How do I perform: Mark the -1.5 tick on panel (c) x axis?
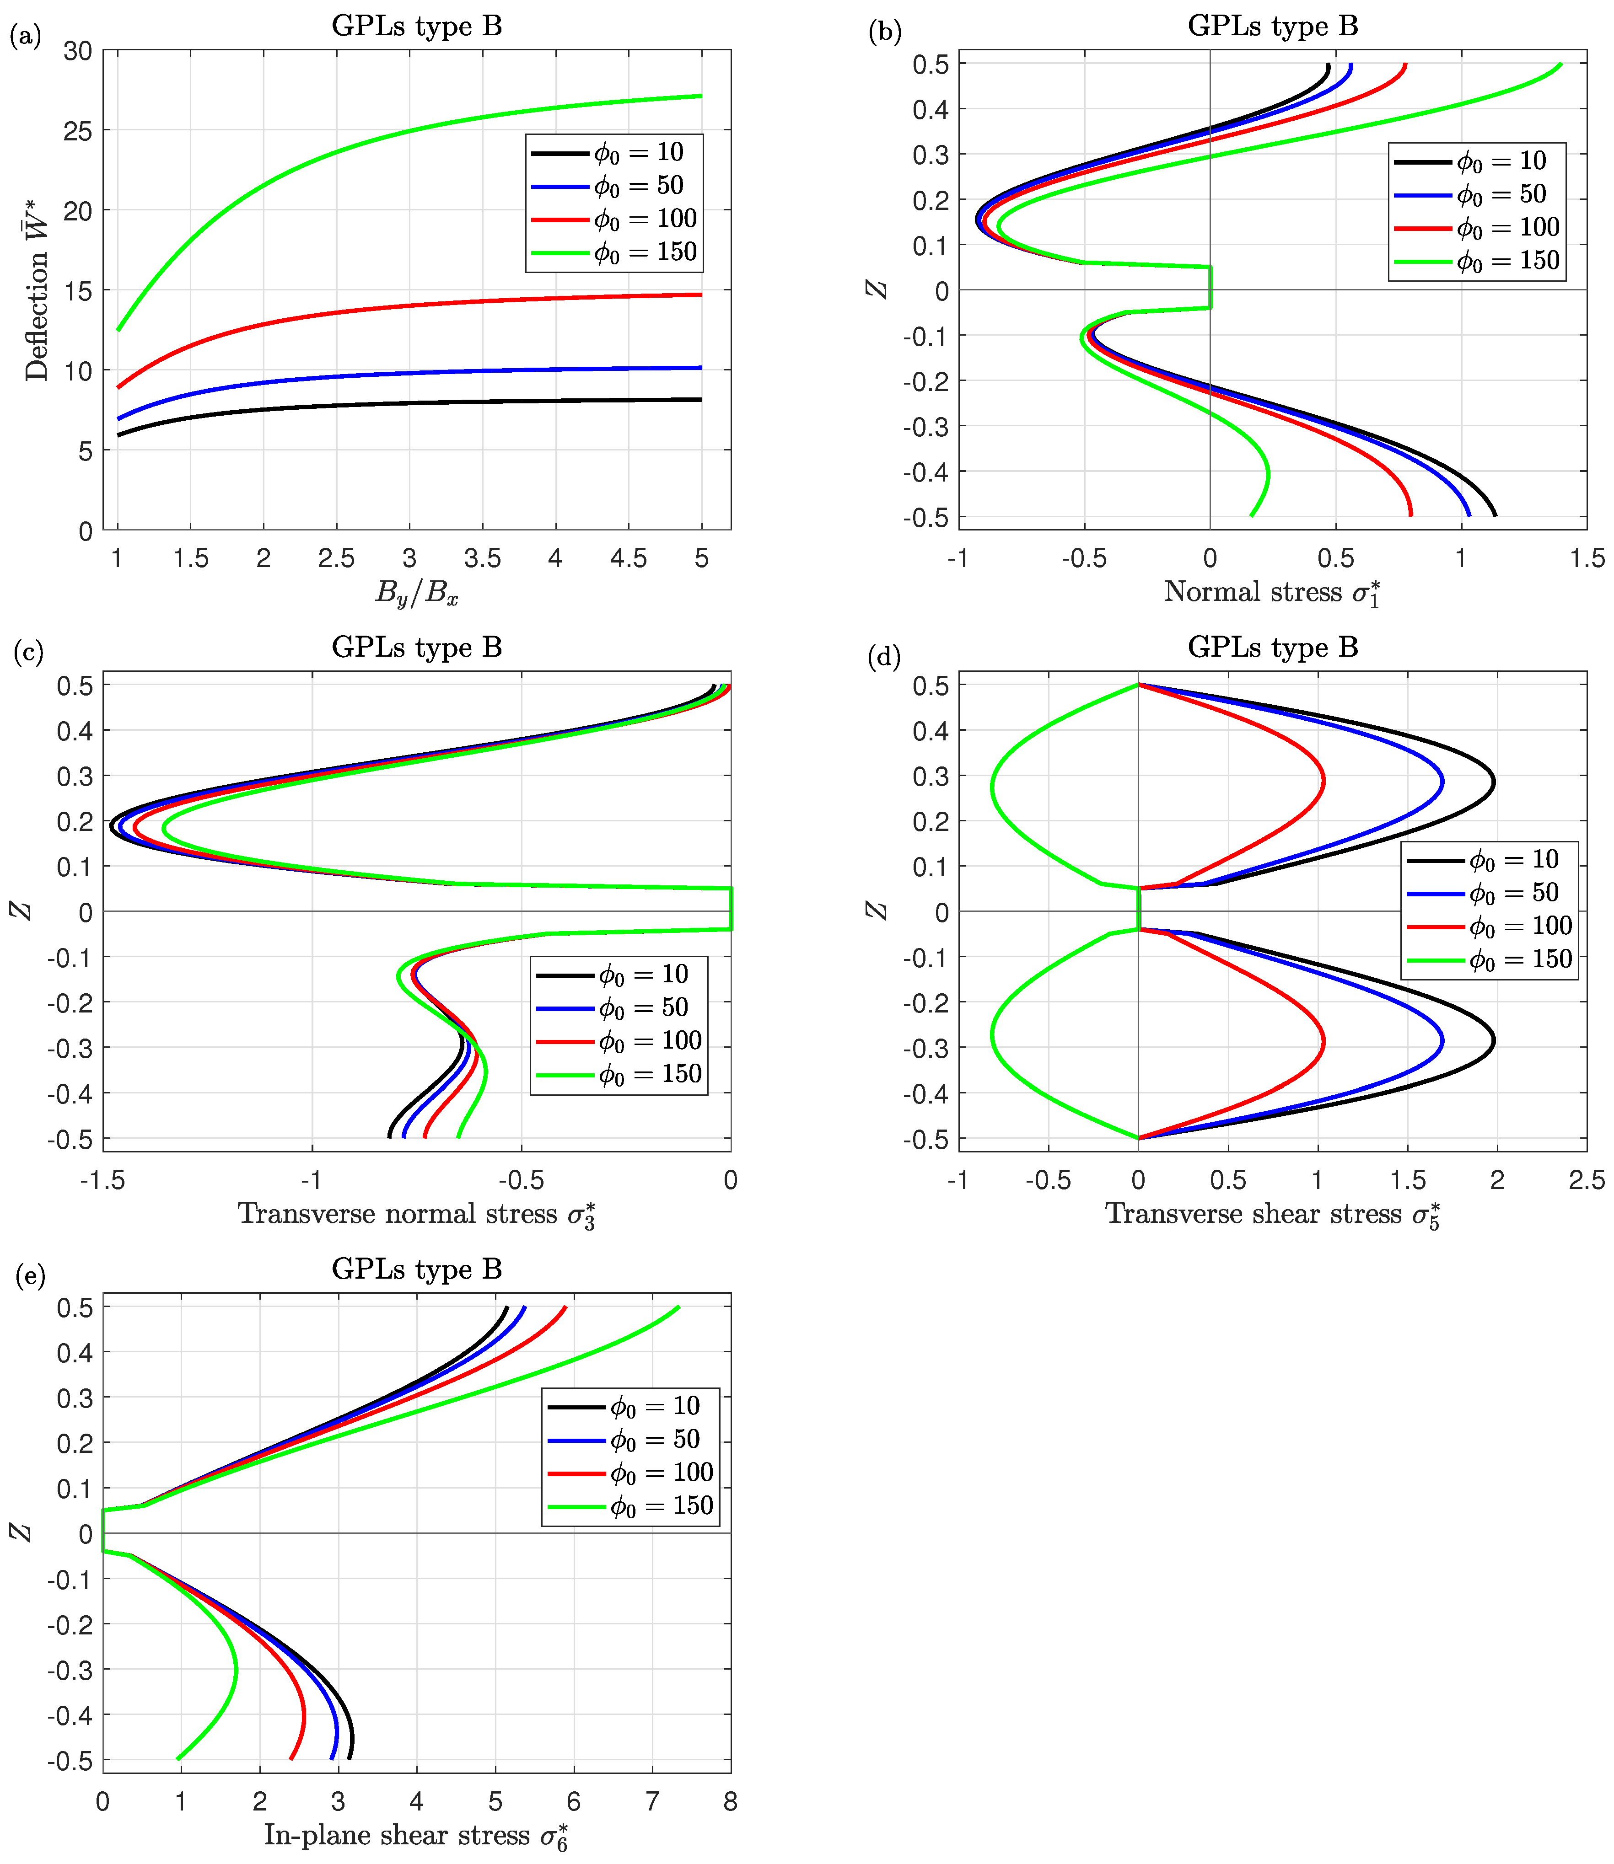click(102, 1179)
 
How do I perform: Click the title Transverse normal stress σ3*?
click(416, 1214)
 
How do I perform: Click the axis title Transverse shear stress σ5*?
click(1272, 1214)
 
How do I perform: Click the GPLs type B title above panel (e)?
click(416, 1269)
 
